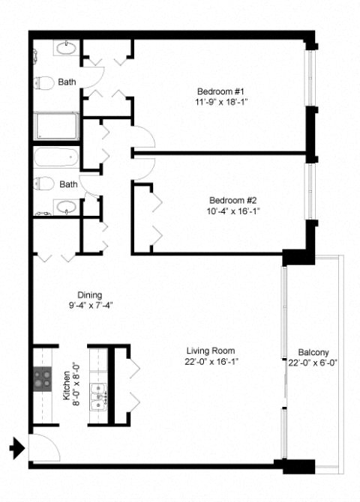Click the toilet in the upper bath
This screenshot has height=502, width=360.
[x=45, y=82]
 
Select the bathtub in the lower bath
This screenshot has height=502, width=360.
[x=55, y=158]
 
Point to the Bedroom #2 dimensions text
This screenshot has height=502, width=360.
[x=234, y=211]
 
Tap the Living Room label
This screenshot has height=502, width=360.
[x=212, y=351]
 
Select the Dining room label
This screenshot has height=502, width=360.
[x=89, y=294]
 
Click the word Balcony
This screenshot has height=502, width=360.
[x=313, y=352]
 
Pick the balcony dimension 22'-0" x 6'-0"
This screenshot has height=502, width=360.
[x=313, y=363]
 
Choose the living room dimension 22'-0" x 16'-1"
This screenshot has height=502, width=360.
[x=212, y=362]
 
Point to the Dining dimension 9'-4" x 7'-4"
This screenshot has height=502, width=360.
[x=89, y=306]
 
